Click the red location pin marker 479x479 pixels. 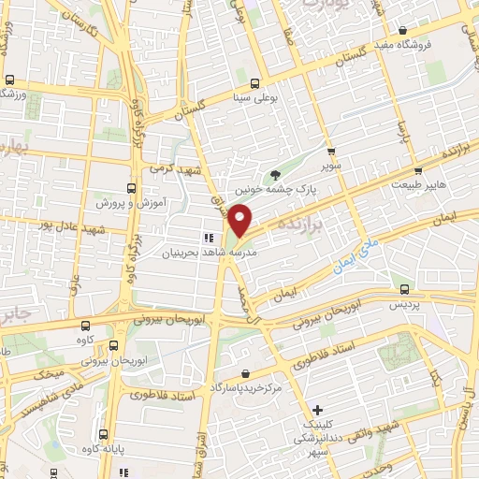pos(241,222)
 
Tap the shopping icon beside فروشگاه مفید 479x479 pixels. pos(402,30)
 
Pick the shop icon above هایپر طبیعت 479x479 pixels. pos(418,170)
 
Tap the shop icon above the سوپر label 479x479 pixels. pos(330,150)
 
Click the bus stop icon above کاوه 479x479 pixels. pos(86,325)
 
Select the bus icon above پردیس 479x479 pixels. pos(404,289)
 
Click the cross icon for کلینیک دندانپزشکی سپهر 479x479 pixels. pos(318,410)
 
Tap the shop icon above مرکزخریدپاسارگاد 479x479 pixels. pos(245,373)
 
